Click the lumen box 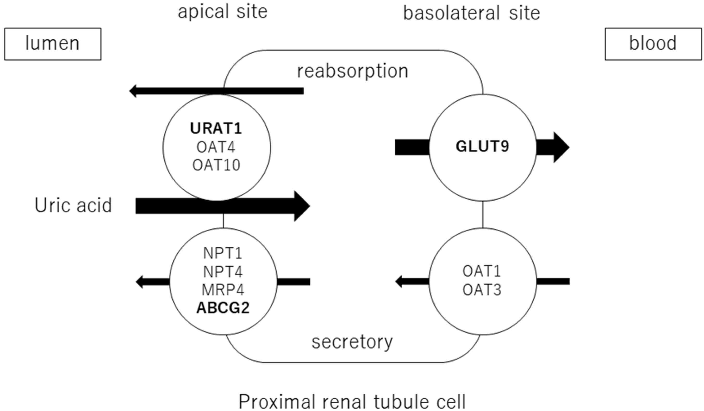pyautogui.click(x=53, y=44)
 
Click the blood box pyautogui.click(x=653, y=44)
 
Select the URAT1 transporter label pyautogui.click(x=216, y=129)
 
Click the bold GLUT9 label pyautogui.click(x=482, y=146)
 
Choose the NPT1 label pyautogui.click(x=223, y=253)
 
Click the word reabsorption pyautogui.click(x=353, y=72)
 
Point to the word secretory pyautogui.click(x=352, y=342)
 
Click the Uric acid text pyautogui.click(x=73, y=205)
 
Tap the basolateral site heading pyautogui.click(x=471, y=13)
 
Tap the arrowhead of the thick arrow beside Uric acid pyautogui.click(x=302, y=206)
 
